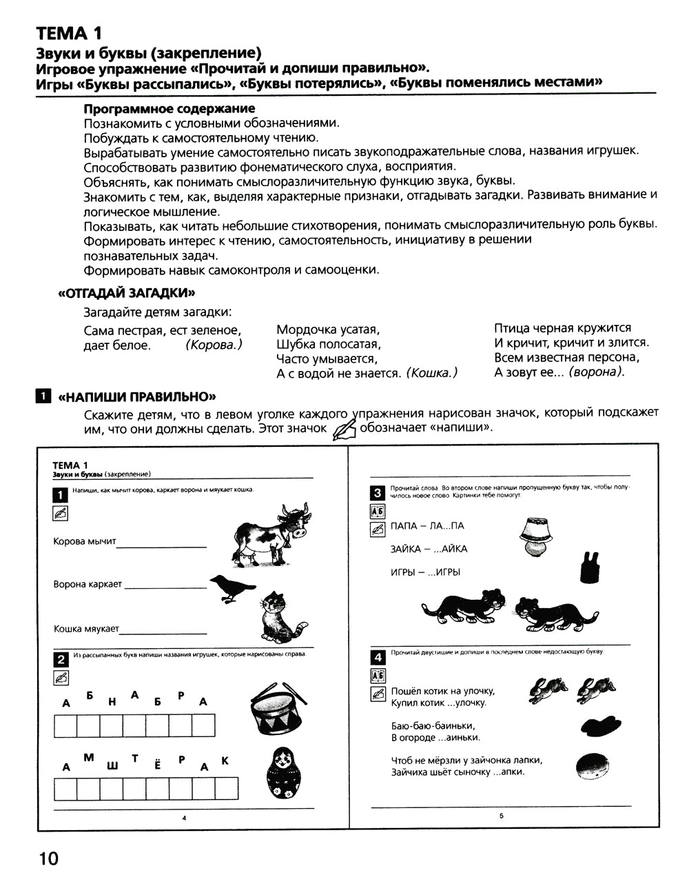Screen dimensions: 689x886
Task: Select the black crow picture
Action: tap(229, 588)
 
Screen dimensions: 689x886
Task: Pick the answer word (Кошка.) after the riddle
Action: tap(432, 373)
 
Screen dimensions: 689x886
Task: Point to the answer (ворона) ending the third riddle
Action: tap(599, 372)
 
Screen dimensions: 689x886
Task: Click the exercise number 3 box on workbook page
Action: tap(377, 493)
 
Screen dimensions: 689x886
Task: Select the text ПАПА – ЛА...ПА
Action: tap(426, 526)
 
